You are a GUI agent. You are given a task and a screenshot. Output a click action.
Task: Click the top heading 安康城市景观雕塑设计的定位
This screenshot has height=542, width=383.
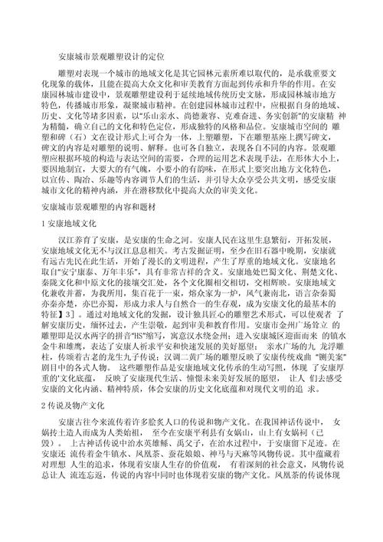pos(112,57)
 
